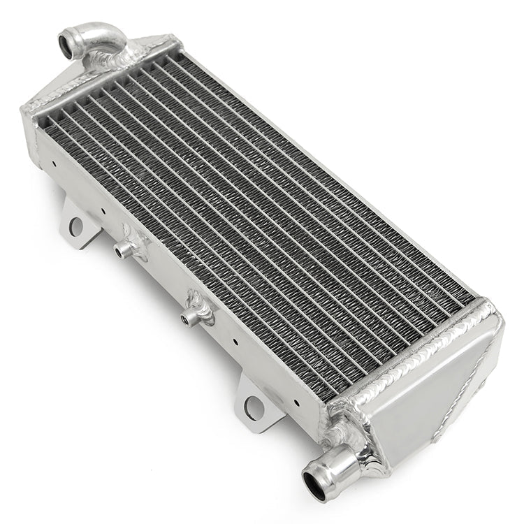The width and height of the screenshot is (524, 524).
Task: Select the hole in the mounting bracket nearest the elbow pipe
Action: click(76, 226)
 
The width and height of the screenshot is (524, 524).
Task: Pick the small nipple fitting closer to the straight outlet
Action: click(187, 319)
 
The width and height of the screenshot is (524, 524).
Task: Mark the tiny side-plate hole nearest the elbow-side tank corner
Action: click(54, 165)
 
